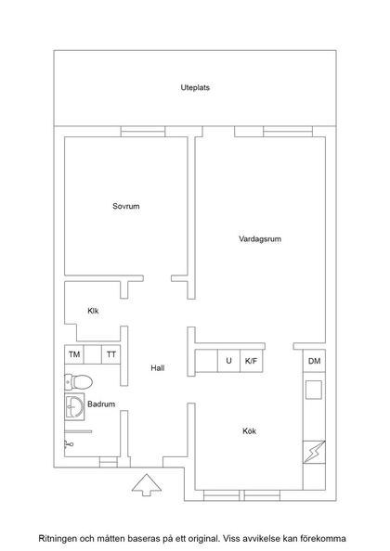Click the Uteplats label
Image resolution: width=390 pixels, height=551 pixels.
pos(194,88)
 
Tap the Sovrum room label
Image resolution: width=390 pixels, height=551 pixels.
pos(126,206)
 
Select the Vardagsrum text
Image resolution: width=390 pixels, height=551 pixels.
pos(259,238)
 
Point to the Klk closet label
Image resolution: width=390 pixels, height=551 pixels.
pos(94,311)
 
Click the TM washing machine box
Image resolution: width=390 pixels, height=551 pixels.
pos(74,354)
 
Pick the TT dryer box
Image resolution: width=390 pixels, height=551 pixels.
pos(111,354)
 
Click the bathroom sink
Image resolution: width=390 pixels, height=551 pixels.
pos(74,405)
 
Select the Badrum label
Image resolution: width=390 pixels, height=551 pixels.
pos(101,404)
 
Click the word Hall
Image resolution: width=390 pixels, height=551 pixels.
pos(158,368)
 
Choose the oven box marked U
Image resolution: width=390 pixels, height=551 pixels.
pos(228,360)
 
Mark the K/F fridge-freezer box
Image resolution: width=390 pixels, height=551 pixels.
pos(251,360)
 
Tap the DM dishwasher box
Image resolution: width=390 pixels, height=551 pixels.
pos(315,361)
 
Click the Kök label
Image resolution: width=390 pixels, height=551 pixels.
pos(249,431)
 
